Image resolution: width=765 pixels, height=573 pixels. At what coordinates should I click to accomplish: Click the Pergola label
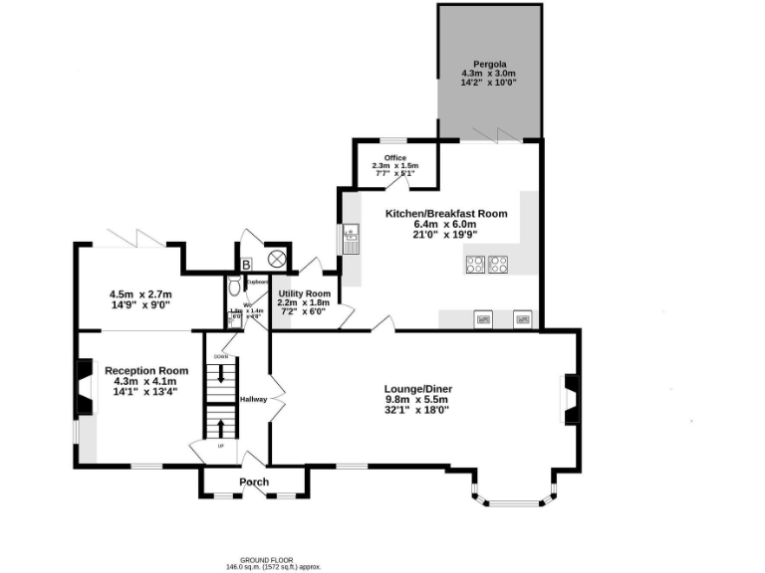[x=488, y=64]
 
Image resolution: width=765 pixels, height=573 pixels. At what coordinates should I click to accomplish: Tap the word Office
[x=395, y=157]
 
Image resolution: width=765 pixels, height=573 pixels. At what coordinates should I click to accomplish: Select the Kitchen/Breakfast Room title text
[x=446, y=213]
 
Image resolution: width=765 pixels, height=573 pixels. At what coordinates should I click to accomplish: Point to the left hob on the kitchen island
[x=475, y=265]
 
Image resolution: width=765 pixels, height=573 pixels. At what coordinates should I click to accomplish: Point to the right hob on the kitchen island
[x=498, y=265]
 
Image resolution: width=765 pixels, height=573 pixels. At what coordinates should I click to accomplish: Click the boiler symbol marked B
[x=246, y=264]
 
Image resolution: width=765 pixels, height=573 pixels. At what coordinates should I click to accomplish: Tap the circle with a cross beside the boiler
[x=277, y=259]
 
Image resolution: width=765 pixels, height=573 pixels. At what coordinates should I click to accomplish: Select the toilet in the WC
[x=233, y=288]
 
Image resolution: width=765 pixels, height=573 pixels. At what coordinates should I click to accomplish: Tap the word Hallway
[x=253, y=399]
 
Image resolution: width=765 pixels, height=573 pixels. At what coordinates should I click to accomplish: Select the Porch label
[x=254, y=482]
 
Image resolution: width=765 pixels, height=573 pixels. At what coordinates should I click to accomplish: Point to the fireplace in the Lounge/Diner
[x=571, y=398]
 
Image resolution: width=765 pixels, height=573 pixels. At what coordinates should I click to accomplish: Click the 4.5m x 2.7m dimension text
[x=140, y=294]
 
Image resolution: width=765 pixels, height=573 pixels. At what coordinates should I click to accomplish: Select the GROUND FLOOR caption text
[x=272, y=559]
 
